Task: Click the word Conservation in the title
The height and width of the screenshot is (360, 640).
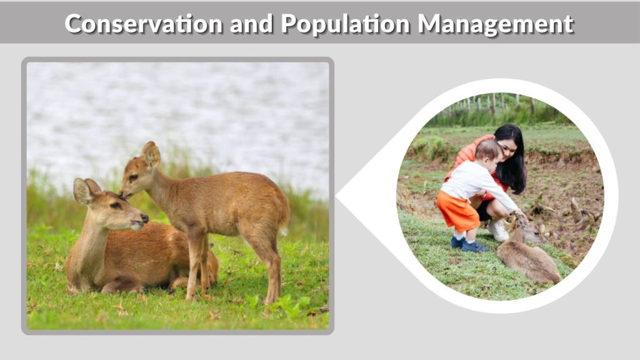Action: (x=143, y=24)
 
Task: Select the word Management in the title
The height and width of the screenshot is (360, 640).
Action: (x=495, y=24)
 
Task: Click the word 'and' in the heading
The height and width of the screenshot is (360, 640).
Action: (x=251, y=24)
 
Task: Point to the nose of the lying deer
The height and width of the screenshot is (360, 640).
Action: (x=144, y=218)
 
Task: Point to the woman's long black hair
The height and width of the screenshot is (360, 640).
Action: (x=514, y=156)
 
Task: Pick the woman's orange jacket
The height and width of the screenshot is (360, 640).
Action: (x=462, y=156)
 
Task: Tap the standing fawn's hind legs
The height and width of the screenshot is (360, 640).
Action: (x=266, y=262)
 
